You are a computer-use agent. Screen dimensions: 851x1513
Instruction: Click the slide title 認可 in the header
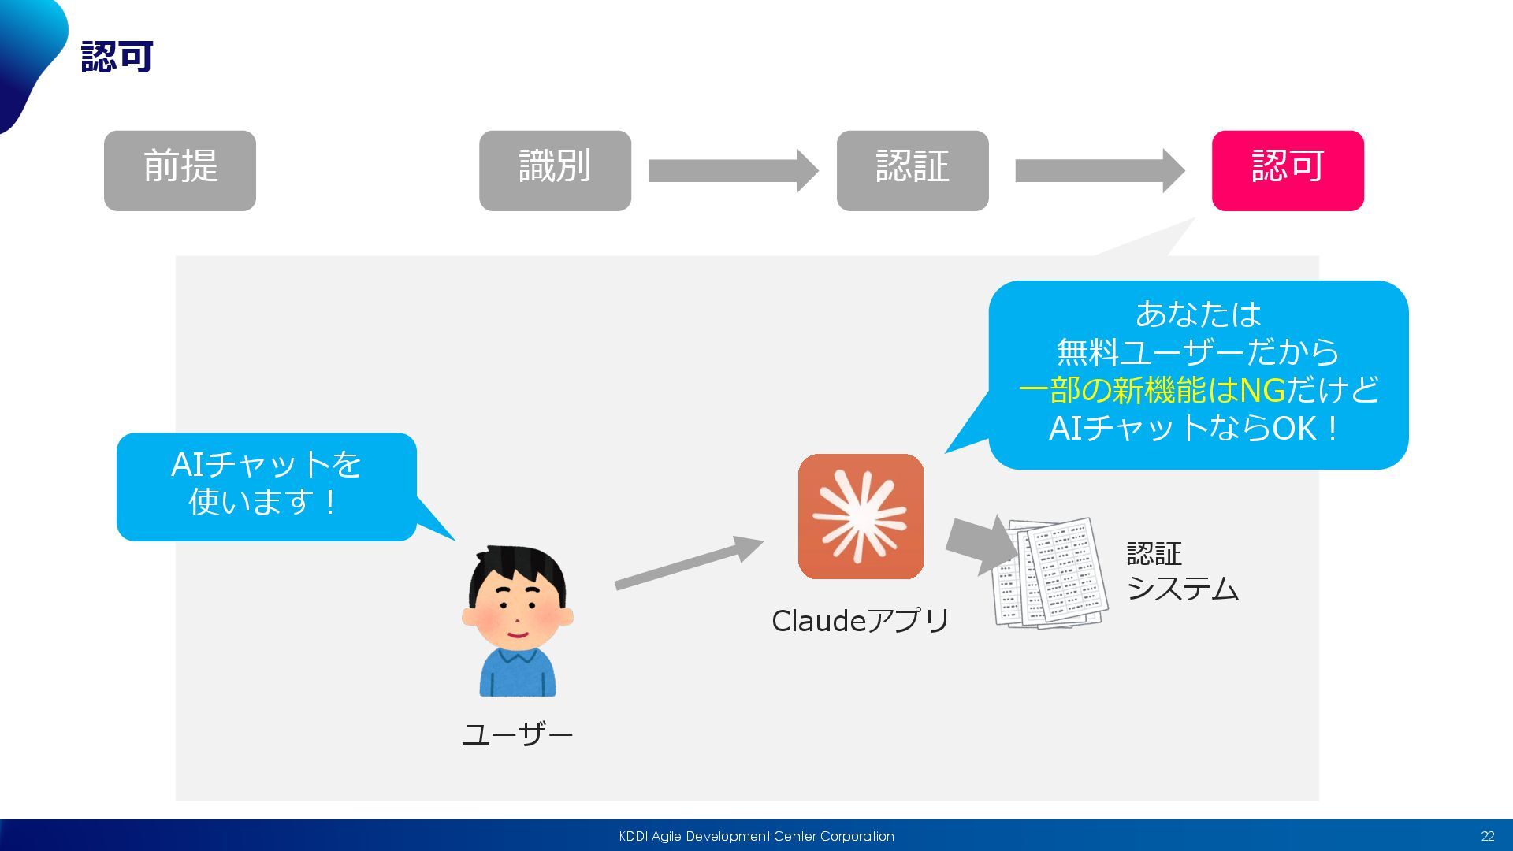point(117,57)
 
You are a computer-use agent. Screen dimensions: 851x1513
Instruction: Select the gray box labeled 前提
point(180,170)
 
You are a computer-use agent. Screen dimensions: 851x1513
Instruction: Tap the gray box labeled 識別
point(555,170)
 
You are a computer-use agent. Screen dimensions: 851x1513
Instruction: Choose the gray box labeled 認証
point(912,170)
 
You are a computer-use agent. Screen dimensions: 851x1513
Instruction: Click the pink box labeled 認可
point(1287,170)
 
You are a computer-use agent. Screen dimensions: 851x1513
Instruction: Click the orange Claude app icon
point(861,516)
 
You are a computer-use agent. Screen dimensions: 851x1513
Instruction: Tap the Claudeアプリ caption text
point(861,621)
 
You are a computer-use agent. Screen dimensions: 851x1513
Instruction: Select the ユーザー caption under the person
point(517,734)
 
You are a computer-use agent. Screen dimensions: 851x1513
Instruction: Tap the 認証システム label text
point(1180,571)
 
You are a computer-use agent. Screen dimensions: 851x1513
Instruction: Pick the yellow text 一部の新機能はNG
point(1151,390)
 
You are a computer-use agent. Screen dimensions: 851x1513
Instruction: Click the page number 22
point(1487,836)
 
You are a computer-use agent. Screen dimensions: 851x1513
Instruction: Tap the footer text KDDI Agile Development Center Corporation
point(756,836)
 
